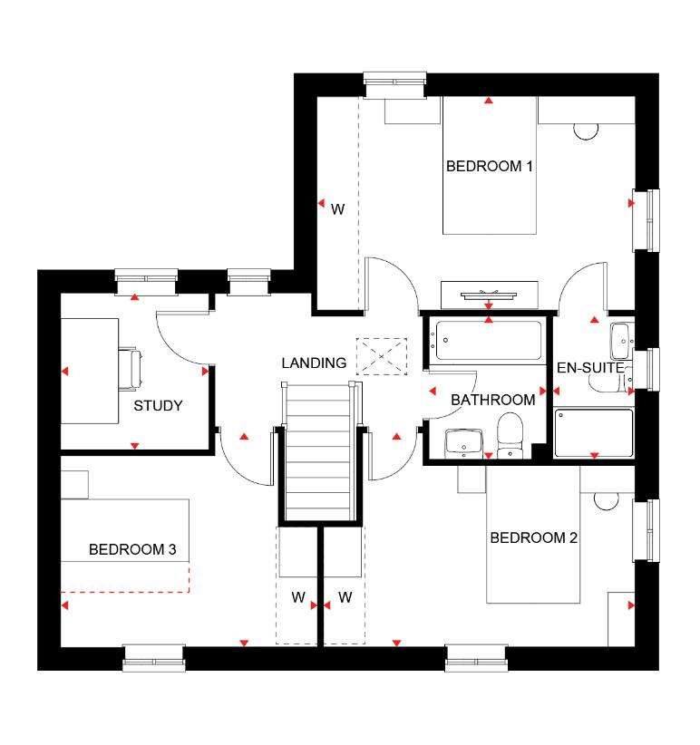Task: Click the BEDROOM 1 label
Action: pyautogui.click(x=489, y=166)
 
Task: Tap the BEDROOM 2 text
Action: pyautogui.click(x=534, y=537)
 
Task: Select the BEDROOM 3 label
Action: pyautogui.click(x=132, y=550)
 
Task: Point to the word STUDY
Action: pyautogui.click(x=158, y=406)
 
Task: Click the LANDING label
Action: pyautogui.click(x=314, y=363)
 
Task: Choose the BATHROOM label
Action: pyautogui.click(x=492, y=400)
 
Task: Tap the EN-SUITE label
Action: pyautogui.click(x=590, y=368)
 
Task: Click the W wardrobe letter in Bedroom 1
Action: pyautogui.click(x=337, y=209)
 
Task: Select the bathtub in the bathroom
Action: pyautogui.click(x=489, y=340)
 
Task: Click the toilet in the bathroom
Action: pyautogui.click(x=510, y=435)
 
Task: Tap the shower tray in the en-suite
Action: pyautogui.click(x=594, y=433)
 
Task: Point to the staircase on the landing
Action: pyautogui.click(x=318, y=452)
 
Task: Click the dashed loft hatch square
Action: pyautogui.click(x=382, y=356)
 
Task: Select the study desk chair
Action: pyautogui.click(x=130, y=369)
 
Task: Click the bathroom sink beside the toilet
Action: pyautogui.click(x=463, y=444)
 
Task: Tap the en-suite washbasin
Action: pyautogui.click(x=620, y=341)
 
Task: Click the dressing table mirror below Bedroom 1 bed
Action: pyautogui.click(x=489, y=295)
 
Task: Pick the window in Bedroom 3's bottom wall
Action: pyautogui.click(x=154, y=658)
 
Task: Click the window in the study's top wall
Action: pyautogui.click(x=146, y=282)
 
